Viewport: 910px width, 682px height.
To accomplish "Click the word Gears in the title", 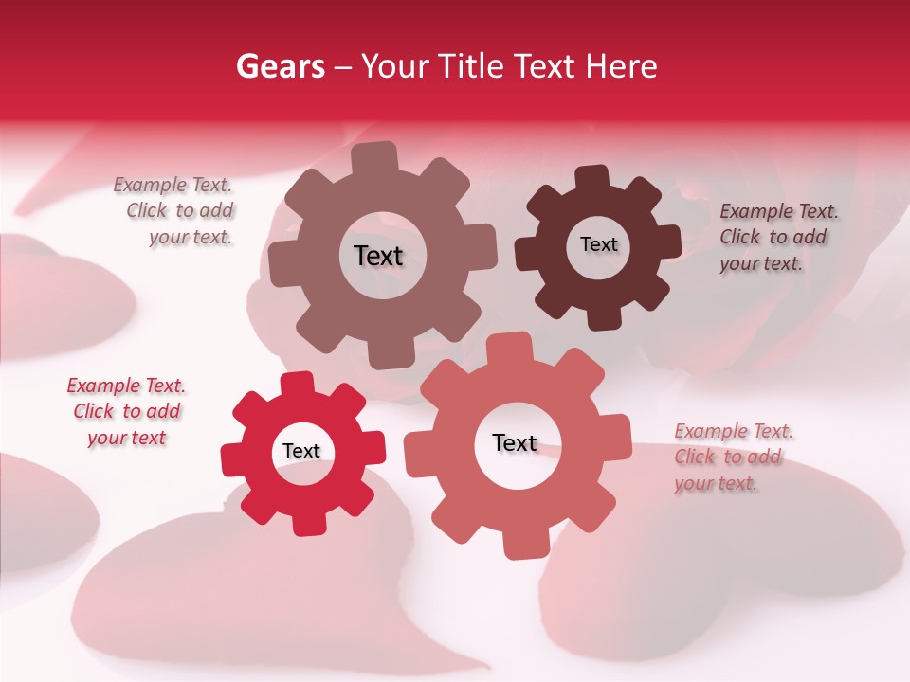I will [280, 66].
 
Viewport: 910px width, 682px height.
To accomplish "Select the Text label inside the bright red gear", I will [301, 452].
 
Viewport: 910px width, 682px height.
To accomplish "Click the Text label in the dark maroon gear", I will [598, 244].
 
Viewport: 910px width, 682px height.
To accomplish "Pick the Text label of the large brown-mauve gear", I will [378, 256].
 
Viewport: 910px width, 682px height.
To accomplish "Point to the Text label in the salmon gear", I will [515, 443].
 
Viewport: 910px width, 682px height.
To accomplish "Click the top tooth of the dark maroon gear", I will [592, 176].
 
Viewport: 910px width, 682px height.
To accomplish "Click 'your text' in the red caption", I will [126, 438].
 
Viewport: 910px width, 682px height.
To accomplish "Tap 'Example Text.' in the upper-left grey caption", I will [173, 186].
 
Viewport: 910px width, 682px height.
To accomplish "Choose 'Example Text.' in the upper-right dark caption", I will [779, 211].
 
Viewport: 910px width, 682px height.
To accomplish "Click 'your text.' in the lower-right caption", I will [716, 483].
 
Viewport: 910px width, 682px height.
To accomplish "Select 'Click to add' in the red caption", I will [127, 412].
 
